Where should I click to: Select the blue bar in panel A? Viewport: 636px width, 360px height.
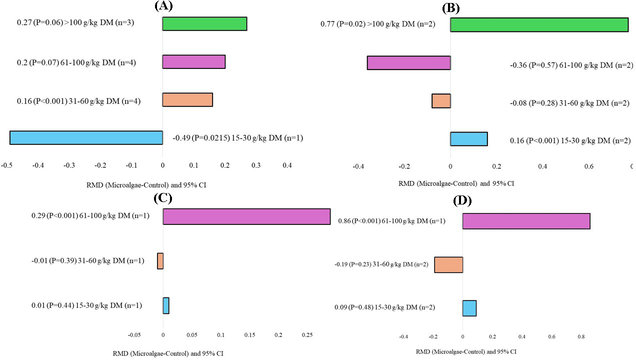(86, 138)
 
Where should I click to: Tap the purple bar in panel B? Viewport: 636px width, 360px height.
(408, 63)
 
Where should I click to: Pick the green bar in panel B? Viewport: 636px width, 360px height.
(539, 25)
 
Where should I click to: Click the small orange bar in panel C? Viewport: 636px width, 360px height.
(160, 261)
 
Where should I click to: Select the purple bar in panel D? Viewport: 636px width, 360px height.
(526, 221)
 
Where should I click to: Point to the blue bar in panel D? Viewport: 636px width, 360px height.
(469, 308)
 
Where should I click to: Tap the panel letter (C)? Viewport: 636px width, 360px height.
(163, 198)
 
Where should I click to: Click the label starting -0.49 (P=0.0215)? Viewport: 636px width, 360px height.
(237, 138)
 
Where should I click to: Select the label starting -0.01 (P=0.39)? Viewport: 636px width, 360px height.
(86, 261)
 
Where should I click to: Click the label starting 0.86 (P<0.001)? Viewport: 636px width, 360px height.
(385, 221)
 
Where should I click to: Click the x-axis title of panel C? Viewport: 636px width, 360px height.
(168, 353)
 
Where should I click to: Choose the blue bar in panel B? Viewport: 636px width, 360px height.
(468, 139)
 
